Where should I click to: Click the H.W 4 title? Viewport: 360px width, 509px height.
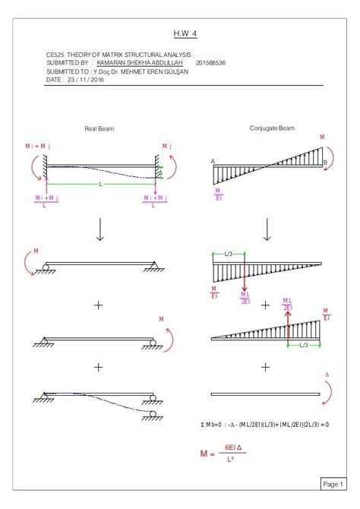tap(179, 33)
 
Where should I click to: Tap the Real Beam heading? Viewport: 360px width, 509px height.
tap(99, 129)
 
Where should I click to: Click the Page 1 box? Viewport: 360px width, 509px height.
tap(332, 483)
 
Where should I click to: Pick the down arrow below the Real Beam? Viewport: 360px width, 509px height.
tap(99, 229)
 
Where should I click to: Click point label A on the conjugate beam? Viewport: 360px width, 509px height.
tap(213, 161)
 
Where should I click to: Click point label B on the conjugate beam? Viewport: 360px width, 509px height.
tap(324, 162)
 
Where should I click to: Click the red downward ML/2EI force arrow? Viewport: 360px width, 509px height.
tap(244, 281)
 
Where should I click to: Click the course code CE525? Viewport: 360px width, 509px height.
tap(55, 55)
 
